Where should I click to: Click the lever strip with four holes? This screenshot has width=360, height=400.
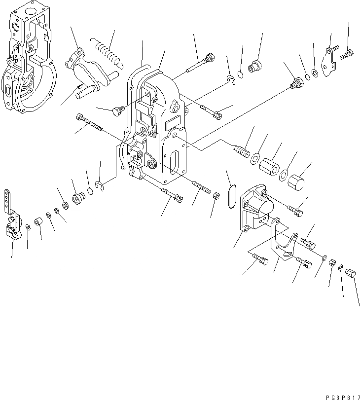[x=7, y=200]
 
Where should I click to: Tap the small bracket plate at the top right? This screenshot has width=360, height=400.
[x=328, y=61]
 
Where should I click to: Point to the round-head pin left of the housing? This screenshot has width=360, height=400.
[x=117, y=112]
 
